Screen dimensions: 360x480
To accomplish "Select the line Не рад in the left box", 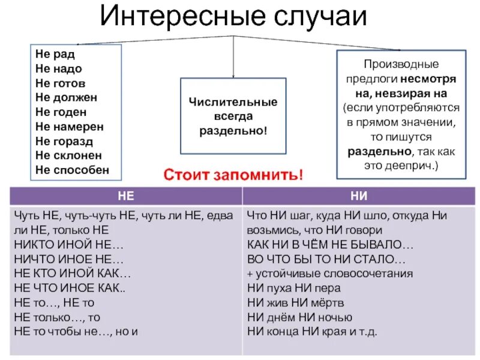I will (x=55, y=55).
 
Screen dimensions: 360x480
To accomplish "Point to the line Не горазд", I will (x=64, y=141).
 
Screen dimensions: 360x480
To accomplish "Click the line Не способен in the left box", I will (x=72, y=170).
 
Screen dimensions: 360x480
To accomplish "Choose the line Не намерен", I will (x=70, y=127).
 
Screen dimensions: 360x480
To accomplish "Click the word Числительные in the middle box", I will (x=233, y=102).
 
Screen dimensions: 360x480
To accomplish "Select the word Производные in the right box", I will (x=400, y=64).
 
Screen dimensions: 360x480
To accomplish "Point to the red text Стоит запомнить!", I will (x=234, y=176).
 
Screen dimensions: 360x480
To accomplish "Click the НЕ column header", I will (x=125, y=196).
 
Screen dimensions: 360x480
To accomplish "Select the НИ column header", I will (x=358, y=196).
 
